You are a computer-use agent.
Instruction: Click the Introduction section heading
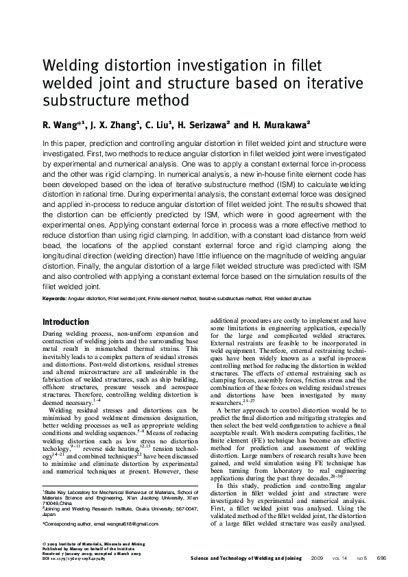coord(66,321)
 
